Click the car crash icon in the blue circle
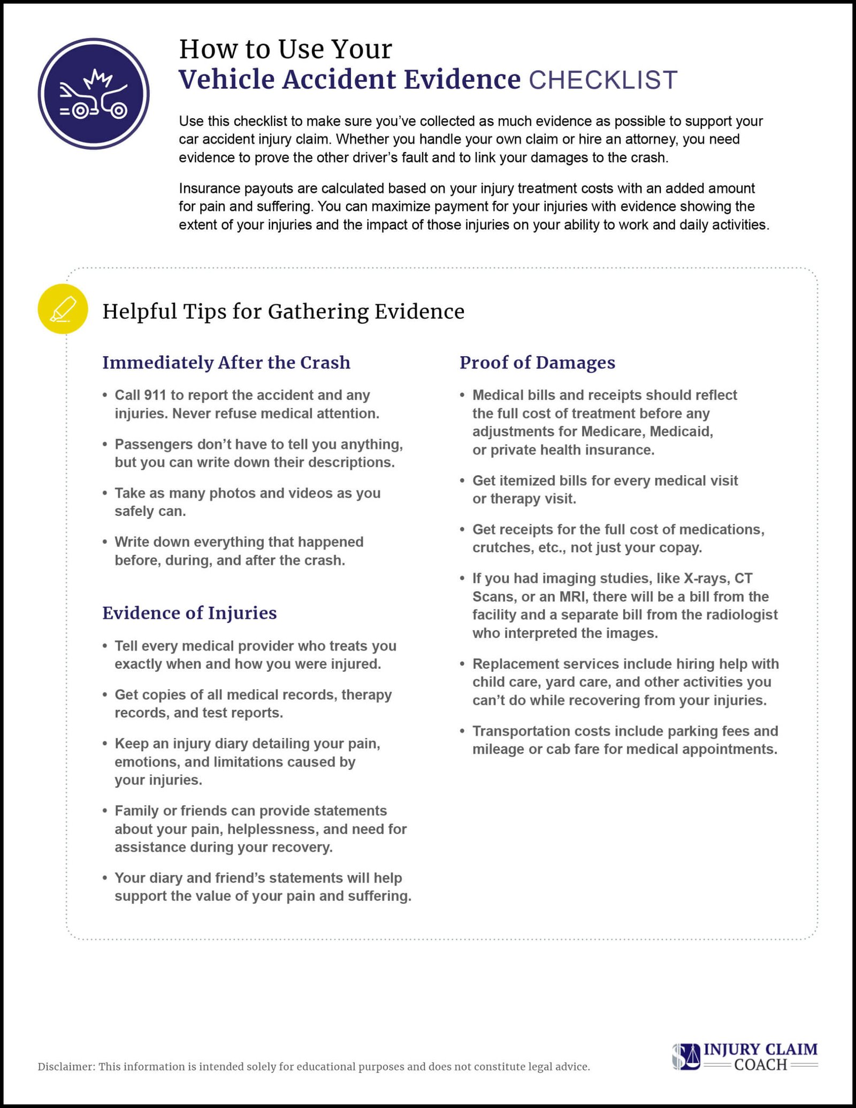pos(94,94)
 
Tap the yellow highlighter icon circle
pos(63,309)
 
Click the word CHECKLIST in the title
pos(603,80)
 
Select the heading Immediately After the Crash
pos(226,362)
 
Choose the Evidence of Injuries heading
pos(189,613)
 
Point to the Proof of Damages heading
pos(537,362)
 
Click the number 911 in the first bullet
pos(155,395)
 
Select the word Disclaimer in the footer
pos(66,1067)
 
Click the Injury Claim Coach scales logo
pos(686,1057)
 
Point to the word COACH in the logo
pos(760,1065)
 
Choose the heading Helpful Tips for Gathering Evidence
pos(283,311)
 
